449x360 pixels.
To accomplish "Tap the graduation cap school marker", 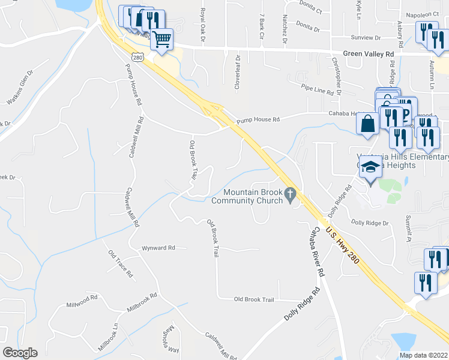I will (x=370, y=169).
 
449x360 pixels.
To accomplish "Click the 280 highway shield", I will (x=138, y=58).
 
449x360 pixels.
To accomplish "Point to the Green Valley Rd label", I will (x=368, y=53).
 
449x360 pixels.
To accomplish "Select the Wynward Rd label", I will (x=158, y=247).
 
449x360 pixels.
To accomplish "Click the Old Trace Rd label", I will (x=121, y=264).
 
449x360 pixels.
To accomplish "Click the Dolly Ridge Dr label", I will (x=370, y=223).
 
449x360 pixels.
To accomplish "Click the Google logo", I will (x=20, y=353).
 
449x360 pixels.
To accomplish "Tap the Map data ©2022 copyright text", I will (x=423, y=355).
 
